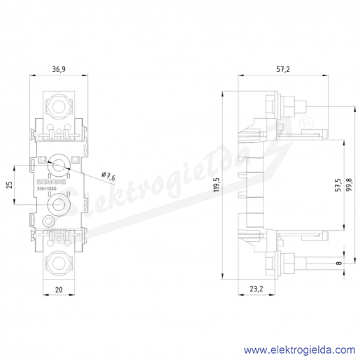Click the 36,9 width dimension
pyautogui.click(x=59, y=69)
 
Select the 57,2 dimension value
pyautogui.click(x=283, y=69)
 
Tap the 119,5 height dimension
pyautogui.click(x=217, y=185)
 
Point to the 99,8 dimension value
pyautogui.click(x=349, y=185)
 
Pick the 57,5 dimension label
pyautogui.click(x=338, y=185)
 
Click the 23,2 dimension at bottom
pyautogui.click(x=257, y=289)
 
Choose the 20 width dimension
pyautogui.click(x=59, y=289)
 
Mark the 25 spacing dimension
pyautogui.click(x=9, y=185)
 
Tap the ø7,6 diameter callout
pyautogui.click(x=108, y=176)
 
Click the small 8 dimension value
pyautogui.click(x=339, y=263)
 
